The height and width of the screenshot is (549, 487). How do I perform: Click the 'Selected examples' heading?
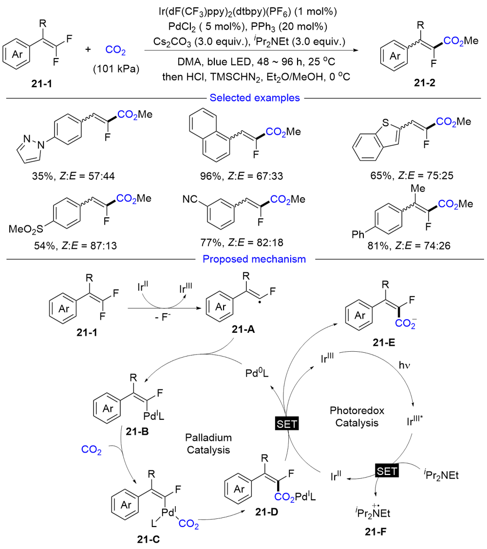pyautogui.click(x=254, y=98)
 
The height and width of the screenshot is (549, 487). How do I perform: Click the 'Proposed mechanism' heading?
pyautogui.click(x=254, y=259)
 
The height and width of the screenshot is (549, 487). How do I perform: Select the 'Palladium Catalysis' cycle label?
pyautogui.click(x=208, y=444)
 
